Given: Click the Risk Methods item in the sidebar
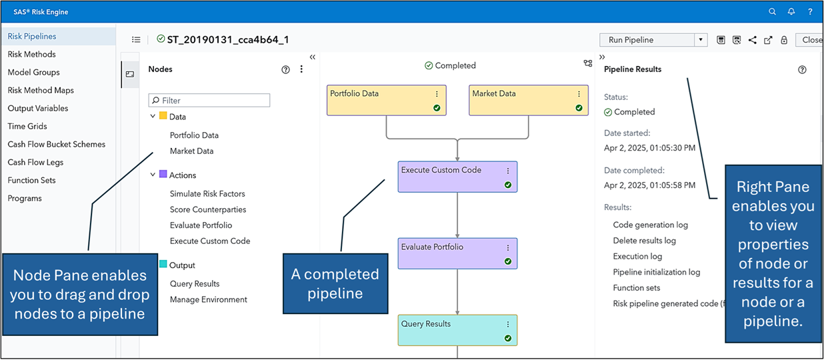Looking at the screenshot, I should coord(31,54).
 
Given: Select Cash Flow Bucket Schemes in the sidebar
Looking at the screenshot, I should coord(56,144).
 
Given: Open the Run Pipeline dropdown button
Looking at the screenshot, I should coord(701,40).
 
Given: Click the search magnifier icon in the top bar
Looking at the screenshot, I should coord(772,12).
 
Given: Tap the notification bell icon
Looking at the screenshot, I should coord(791,12).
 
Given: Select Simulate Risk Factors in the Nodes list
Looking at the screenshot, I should coord(207,193).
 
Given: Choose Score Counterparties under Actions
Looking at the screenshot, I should coord(207,209).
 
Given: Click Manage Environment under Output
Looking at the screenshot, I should coord(208,299).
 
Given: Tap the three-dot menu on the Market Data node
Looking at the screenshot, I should coord(579,94).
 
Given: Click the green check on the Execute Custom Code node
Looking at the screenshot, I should coord(508,185).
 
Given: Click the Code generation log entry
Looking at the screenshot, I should coord(650,225).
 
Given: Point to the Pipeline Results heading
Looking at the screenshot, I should coord(632,69).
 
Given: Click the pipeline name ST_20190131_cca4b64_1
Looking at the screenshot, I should coord(227,40).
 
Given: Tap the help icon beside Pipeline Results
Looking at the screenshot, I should coord(802,69).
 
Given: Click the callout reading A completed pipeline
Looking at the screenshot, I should coord(335,283).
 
